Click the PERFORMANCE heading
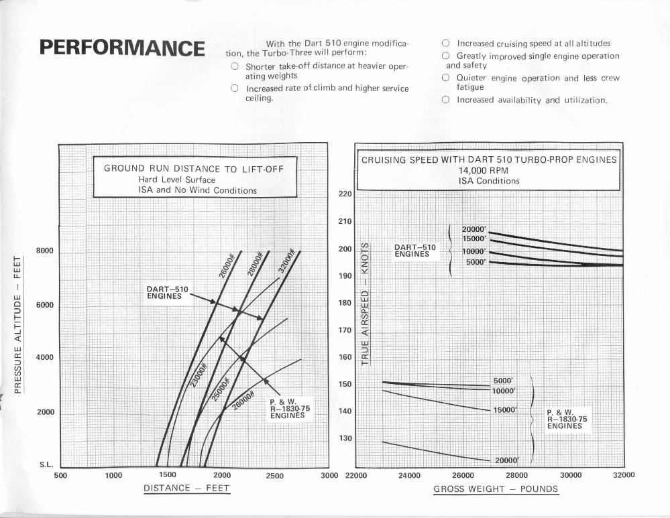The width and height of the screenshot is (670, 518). click(x=121, y=49)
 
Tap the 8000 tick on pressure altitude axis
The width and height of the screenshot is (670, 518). click(x=44, y=251)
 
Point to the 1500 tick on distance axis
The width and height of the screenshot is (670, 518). click(x=168, y=475)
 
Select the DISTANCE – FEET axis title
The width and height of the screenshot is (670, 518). click(x=186, y=488)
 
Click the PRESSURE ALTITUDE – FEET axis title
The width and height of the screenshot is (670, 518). click(x=20, y=322)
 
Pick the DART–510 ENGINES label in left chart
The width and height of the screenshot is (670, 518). click(x=168, y=293)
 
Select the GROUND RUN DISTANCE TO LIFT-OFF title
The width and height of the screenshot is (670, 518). click(x=194, y=168)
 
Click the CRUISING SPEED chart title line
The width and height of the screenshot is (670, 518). click(x=488, y=160)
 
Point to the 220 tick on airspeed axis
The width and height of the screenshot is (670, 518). click(x=345, y=194)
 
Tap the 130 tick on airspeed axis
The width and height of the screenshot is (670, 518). click(x=345, y=438)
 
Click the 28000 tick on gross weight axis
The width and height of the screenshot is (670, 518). click(x=516, y=475)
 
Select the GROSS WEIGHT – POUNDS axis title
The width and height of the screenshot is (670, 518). click(x=496, y=489)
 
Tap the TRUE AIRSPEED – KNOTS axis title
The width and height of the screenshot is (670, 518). click(x=366, y=301)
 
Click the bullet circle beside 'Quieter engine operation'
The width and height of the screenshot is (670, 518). click(x=445, y=78)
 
